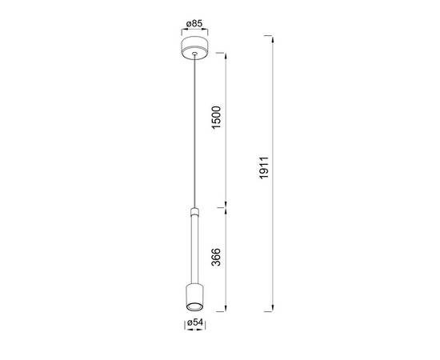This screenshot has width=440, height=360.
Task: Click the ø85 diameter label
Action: click(x=194, y=23)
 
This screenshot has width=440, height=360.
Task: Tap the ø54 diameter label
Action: click(x=194, y=322)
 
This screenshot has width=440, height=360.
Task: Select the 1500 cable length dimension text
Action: click(x=216, y=118)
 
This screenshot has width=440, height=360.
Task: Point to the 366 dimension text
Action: click(x=216, y=257)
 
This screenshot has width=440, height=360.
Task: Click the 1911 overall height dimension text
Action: click(x=264, y=168)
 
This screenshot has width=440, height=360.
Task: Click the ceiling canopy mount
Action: click(x=194, y=48)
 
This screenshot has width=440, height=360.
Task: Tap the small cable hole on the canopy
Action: click(x=194, y=53)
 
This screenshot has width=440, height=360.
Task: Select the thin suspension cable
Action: click(x=194, y=131)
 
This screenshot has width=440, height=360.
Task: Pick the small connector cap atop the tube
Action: click(x=194, y=211)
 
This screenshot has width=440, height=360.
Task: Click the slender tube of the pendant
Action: click(x=194, y=249)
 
